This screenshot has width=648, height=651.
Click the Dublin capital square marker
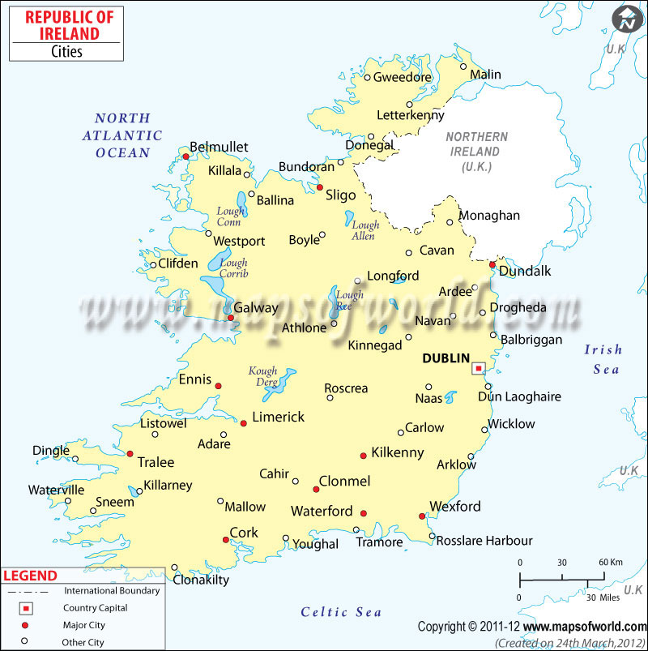(478, 368)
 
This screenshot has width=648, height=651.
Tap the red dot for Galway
(231, 318)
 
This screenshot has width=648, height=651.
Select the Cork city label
(244, 533)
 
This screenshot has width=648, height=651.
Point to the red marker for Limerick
(244, 423)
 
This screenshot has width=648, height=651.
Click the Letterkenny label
(411, 115)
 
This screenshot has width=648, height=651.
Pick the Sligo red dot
(319, 186)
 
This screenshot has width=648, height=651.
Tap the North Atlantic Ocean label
(122, 135)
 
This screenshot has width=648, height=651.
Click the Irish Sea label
(603, 359)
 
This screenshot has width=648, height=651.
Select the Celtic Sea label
(341, 612)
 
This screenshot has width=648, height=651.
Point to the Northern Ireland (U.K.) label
(477, 152)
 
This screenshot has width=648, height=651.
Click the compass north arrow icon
(626, 19)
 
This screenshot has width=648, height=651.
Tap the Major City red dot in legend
(24, 625)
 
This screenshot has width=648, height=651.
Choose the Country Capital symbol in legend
(24, 608)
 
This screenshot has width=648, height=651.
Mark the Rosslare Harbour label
(484, 541)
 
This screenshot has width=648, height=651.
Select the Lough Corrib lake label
(233, 268)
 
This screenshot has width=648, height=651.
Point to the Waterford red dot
(363, 513)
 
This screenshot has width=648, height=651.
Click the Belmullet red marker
(185, 157)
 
